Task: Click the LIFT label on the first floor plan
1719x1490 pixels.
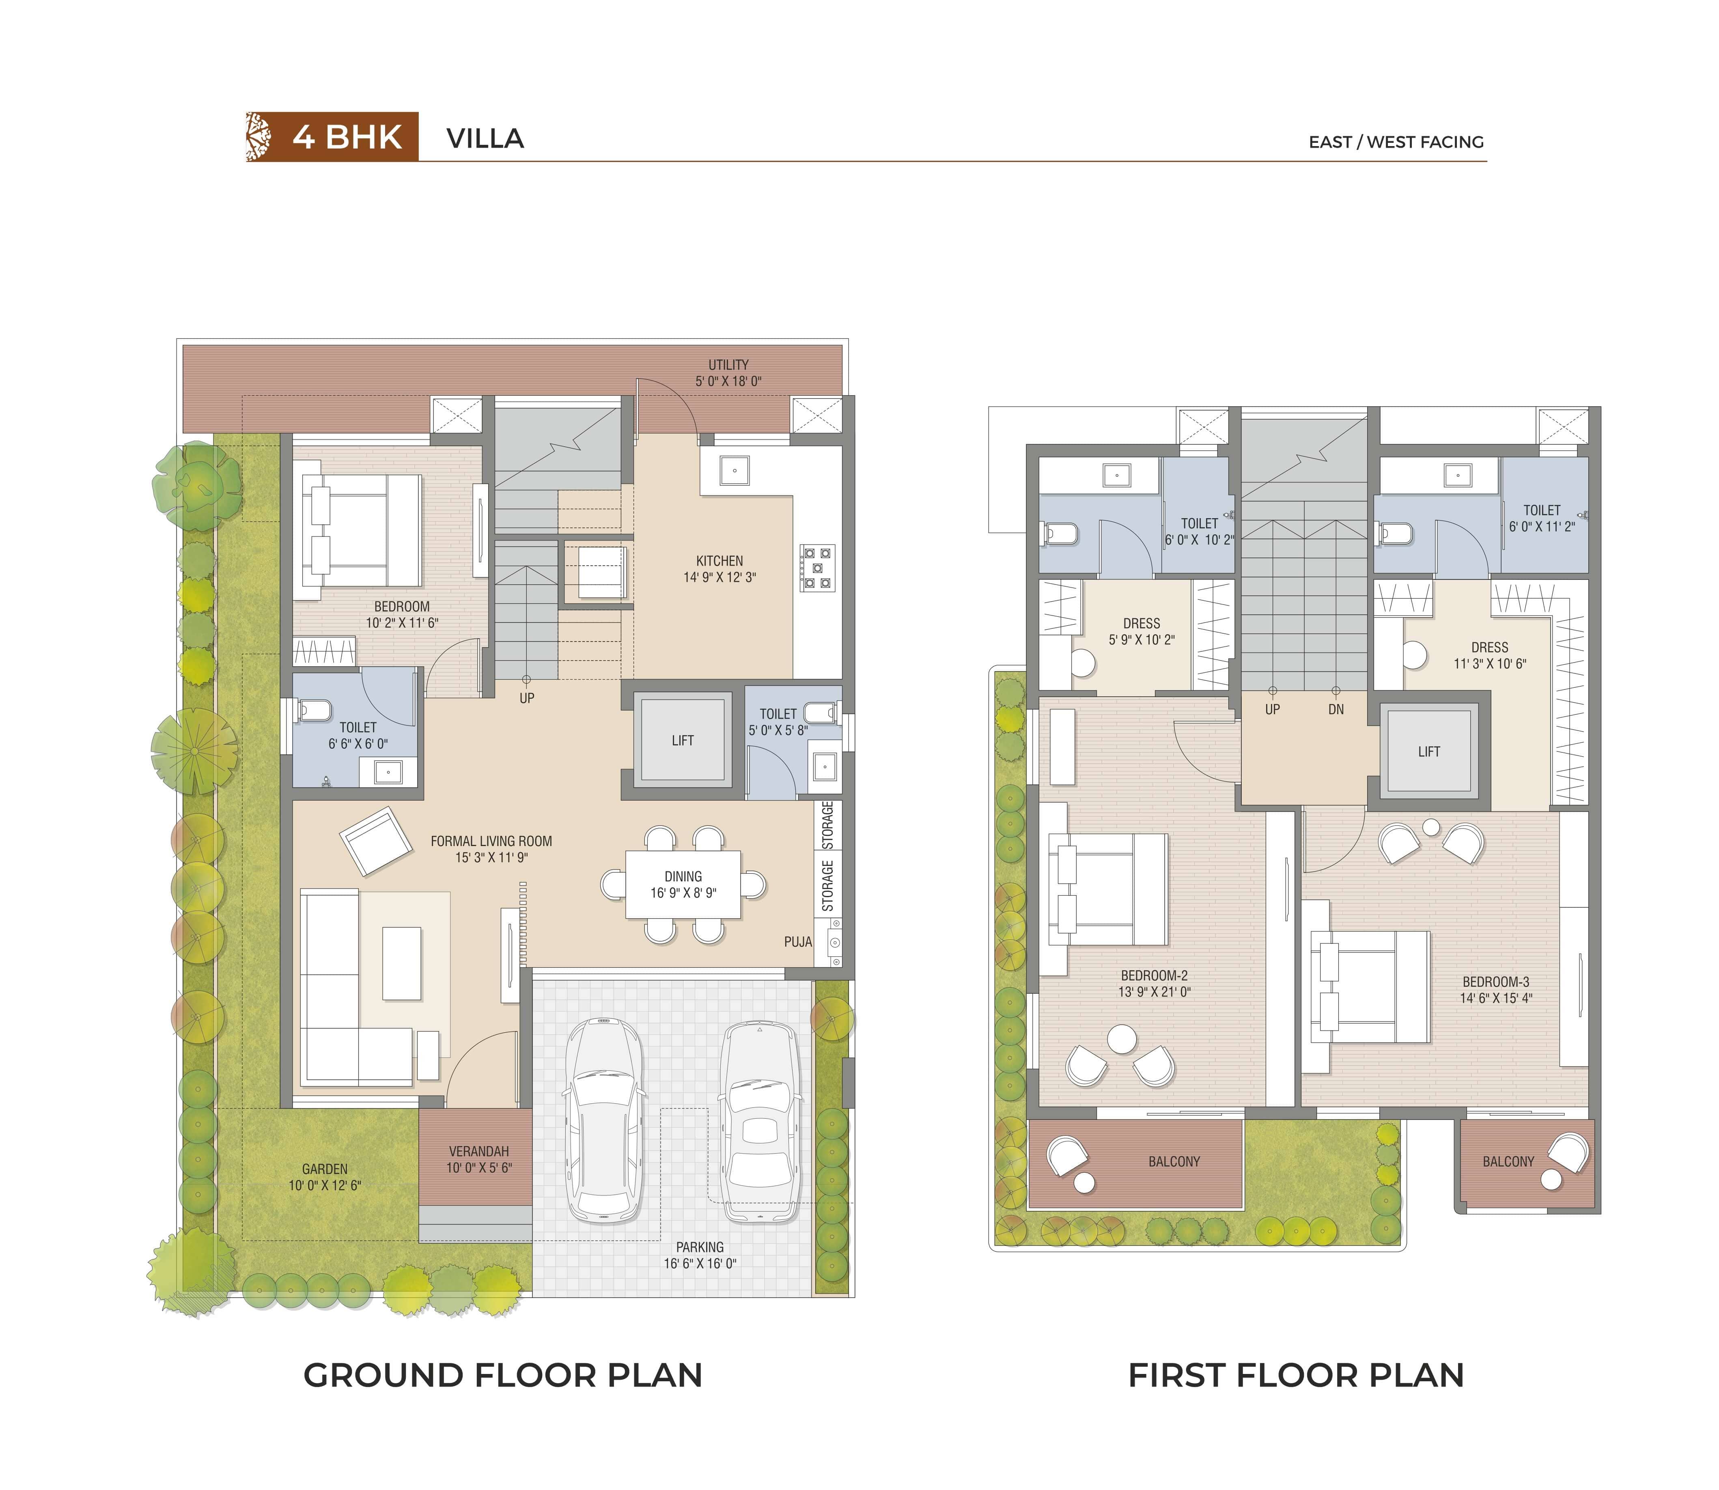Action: tap(1429, 751)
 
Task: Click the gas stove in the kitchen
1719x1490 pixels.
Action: tap(816, 568)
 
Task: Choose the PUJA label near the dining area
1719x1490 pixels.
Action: tap(797, 942)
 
